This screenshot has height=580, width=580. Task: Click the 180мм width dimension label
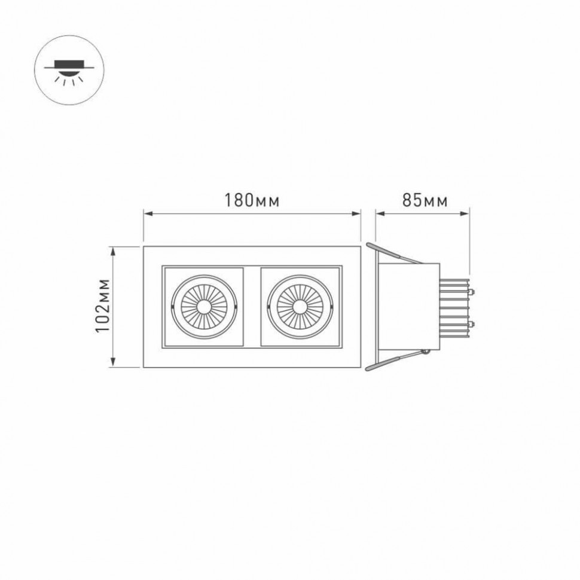click(x=252, y=200)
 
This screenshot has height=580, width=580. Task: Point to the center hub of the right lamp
click(x=300, y=307)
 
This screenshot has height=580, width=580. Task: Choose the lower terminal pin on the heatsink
click(x=474, y=325)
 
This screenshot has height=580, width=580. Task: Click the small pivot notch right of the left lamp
click(x=237, y=307)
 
